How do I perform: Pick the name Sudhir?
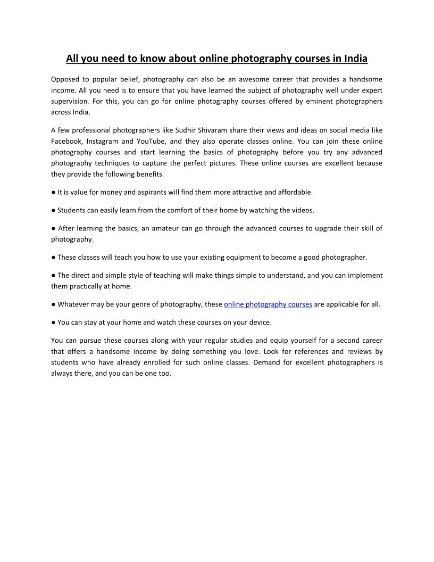(186, 130)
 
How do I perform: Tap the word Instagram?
(102, 141)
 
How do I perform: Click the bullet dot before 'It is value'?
(54, 192)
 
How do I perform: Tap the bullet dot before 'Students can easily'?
(54, 210)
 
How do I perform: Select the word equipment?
(207, 257)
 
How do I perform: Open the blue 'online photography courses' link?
(268, 304)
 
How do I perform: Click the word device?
(260, 323)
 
